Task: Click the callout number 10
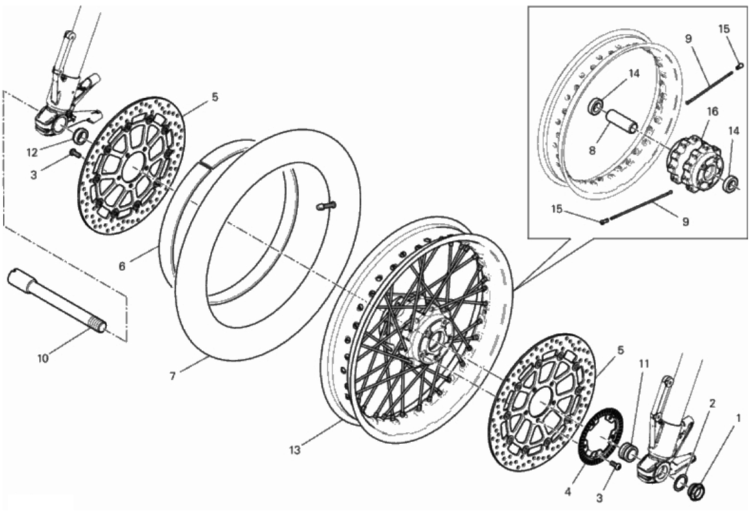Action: (x=43, y=358)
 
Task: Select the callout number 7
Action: (x=173, y=376)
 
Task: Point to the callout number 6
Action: (x=122, y=266)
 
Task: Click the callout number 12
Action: (x=31, y=152)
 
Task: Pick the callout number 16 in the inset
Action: (x=713, y=112)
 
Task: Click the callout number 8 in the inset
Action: (x=592, y=151)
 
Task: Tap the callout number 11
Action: (x=644, y=364)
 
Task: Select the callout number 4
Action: (x=568, y=492)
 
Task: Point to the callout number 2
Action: (x=712, y=403)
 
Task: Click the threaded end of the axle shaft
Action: (x=98, y=328)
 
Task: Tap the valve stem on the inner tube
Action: (x=325, y=206)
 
